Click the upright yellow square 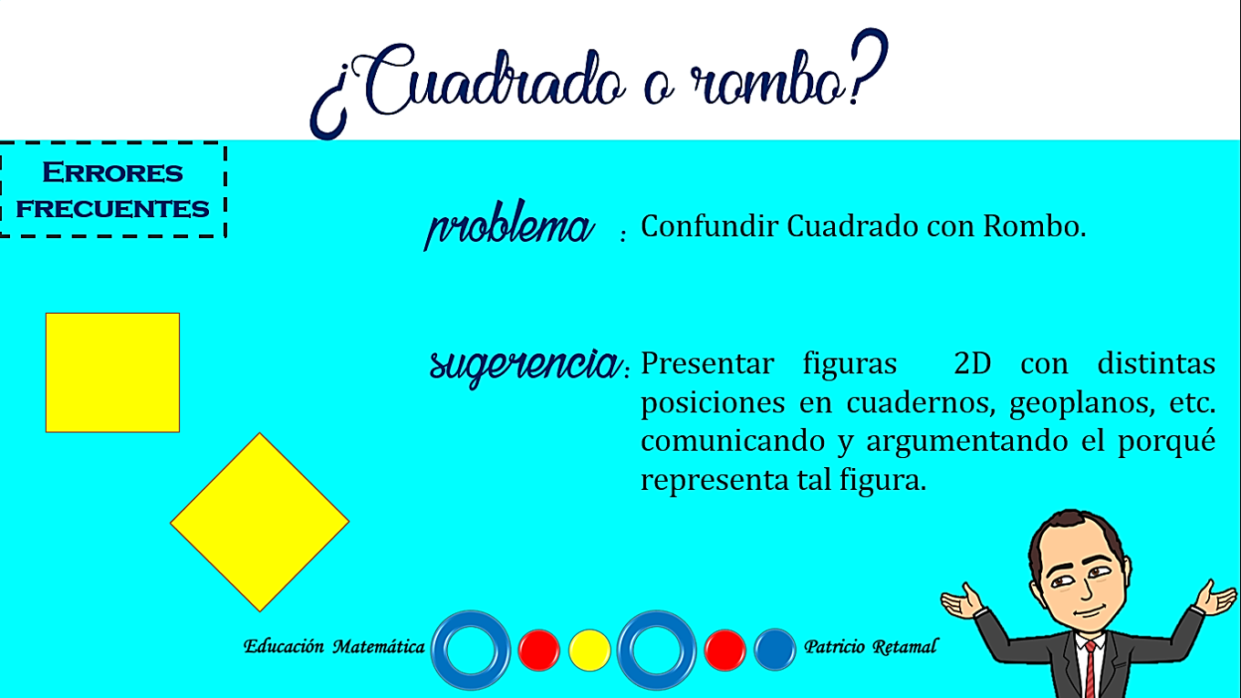click(x=112, y=372)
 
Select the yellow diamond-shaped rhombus click(x=259, y=522)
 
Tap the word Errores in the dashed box click(x=112, y=172)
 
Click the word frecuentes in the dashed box click(x=112, y=209)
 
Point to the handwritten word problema click(x=508, y=225)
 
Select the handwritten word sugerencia click(x=526, y=367)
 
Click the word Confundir click(x=709, y=226)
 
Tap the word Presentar click(x=707, y=364)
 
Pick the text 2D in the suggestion click(x=973, y=364)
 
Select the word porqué click(x=1166, y=442)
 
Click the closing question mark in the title click(x=869, y=66)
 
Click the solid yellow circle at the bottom click(x=589, y=651)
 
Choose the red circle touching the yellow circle click(x=538, y=651)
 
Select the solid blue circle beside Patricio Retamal click(x=775, y=650)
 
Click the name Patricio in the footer click(x=835, y=647)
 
